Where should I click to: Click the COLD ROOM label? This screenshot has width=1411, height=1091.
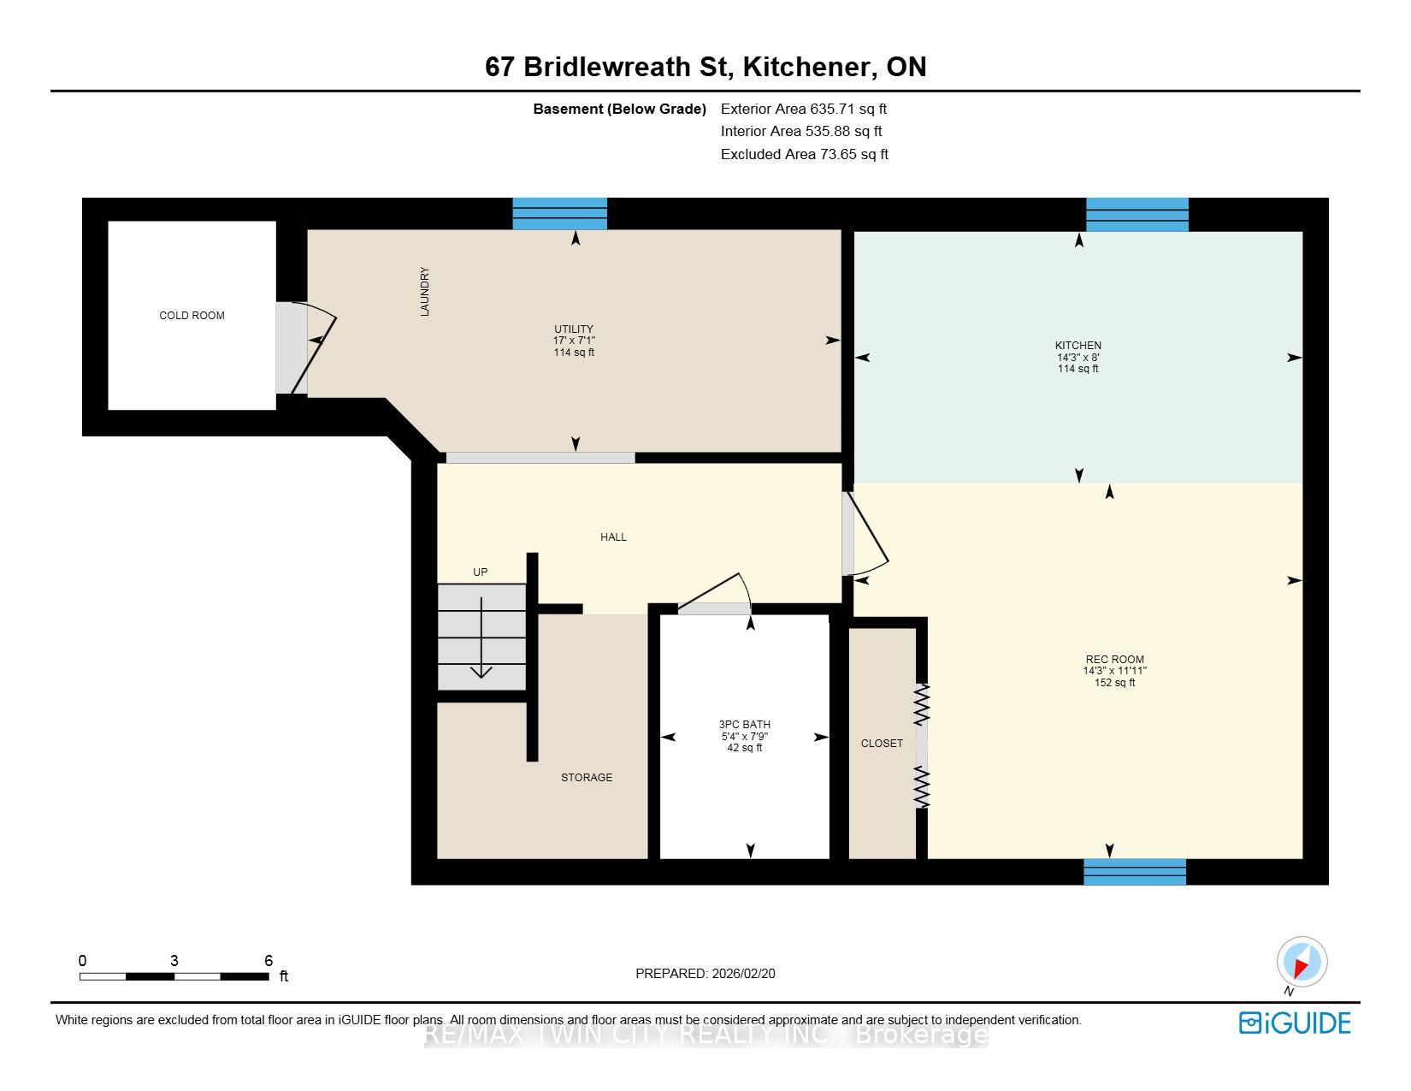tap(192, 315)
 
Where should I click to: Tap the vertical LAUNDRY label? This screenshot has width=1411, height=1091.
tap(425, 291)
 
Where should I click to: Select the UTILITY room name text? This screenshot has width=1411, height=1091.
tap(573, 329)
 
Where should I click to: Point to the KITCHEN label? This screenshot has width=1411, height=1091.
tap(1077, 345)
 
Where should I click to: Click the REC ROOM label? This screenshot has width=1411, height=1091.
tap(1115, 659)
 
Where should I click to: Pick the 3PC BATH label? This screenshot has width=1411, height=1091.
tap(744, 724)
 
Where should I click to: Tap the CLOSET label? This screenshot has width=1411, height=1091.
tap(882, 743)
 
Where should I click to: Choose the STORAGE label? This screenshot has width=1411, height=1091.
tap(587, 777)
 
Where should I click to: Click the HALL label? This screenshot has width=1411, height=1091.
tap(613, 537)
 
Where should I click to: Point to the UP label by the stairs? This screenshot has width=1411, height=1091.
tap(480, 572)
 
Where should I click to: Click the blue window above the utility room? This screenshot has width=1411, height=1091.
tap(560, 214)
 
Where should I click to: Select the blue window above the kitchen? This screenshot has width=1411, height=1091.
tap(1137, 215)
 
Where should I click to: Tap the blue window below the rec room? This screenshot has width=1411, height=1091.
tap(1135, 871)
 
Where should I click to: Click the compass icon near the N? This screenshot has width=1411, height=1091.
tap(1302, 962)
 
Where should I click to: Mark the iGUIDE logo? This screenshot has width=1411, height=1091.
tap(1295, 1023)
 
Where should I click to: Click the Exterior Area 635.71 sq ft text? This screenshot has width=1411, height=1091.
tap(803, 109)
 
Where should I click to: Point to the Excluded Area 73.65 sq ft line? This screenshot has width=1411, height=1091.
tap(805, 154)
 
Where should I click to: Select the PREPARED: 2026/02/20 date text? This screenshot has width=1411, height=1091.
tap(705, 974)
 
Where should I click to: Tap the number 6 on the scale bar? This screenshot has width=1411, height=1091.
tap(269, 960)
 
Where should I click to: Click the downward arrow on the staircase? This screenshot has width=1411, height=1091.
tap(481, 637)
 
